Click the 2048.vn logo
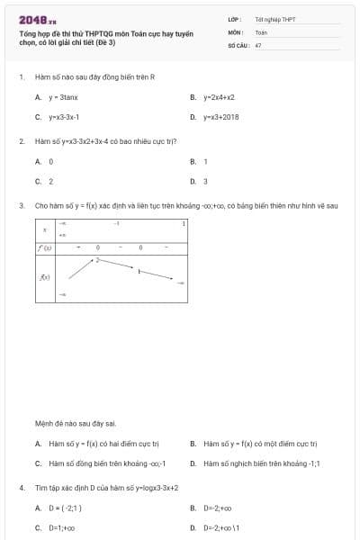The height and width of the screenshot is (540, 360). (x=38, y=20)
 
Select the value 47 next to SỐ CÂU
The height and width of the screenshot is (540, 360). (x=258, y=44)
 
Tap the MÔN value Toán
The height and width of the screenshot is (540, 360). (x=261, y=31)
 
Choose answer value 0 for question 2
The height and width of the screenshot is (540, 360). (x=51, y=161)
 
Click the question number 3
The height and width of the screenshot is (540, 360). (x=21, y=205)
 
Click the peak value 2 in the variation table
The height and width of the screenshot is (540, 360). (x=97, y=259)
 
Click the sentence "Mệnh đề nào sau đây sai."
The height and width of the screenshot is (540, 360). (x=75, y=423)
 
